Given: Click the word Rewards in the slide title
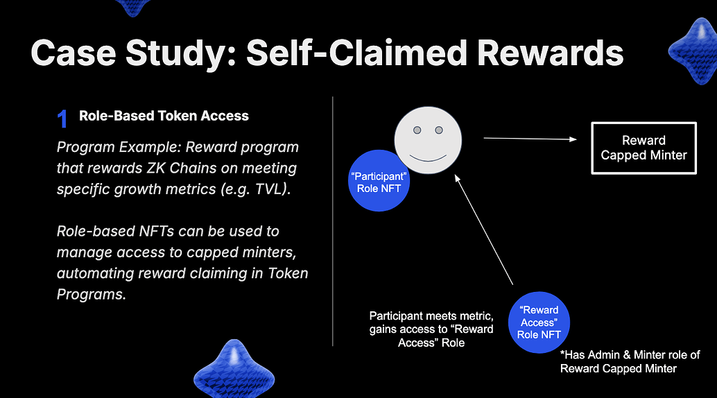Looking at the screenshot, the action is pos(550,53).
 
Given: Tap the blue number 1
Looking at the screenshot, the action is pos(62,119).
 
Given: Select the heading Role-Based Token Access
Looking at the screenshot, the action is pos(164,116).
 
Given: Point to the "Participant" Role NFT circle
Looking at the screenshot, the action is pos(379,182).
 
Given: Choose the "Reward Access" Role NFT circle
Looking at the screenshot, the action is pos(539,322).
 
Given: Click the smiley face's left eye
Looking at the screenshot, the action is pos(417,130).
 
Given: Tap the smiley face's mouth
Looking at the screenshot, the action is pos(428,158).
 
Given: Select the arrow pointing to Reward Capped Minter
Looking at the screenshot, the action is pos(530,139).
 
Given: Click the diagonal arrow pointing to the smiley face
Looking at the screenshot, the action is pos(484,230).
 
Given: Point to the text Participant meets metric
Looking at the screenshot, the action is pos(431,315).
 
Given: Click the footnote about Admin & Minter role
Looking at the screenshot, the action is pos(630,361).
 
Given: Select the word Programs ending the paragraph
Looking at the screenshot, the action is pos(91,295).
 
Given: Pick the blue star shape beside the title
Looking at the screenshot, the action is pos(693,51).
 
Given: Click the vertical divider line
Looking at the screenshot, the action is pos(332,221).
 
